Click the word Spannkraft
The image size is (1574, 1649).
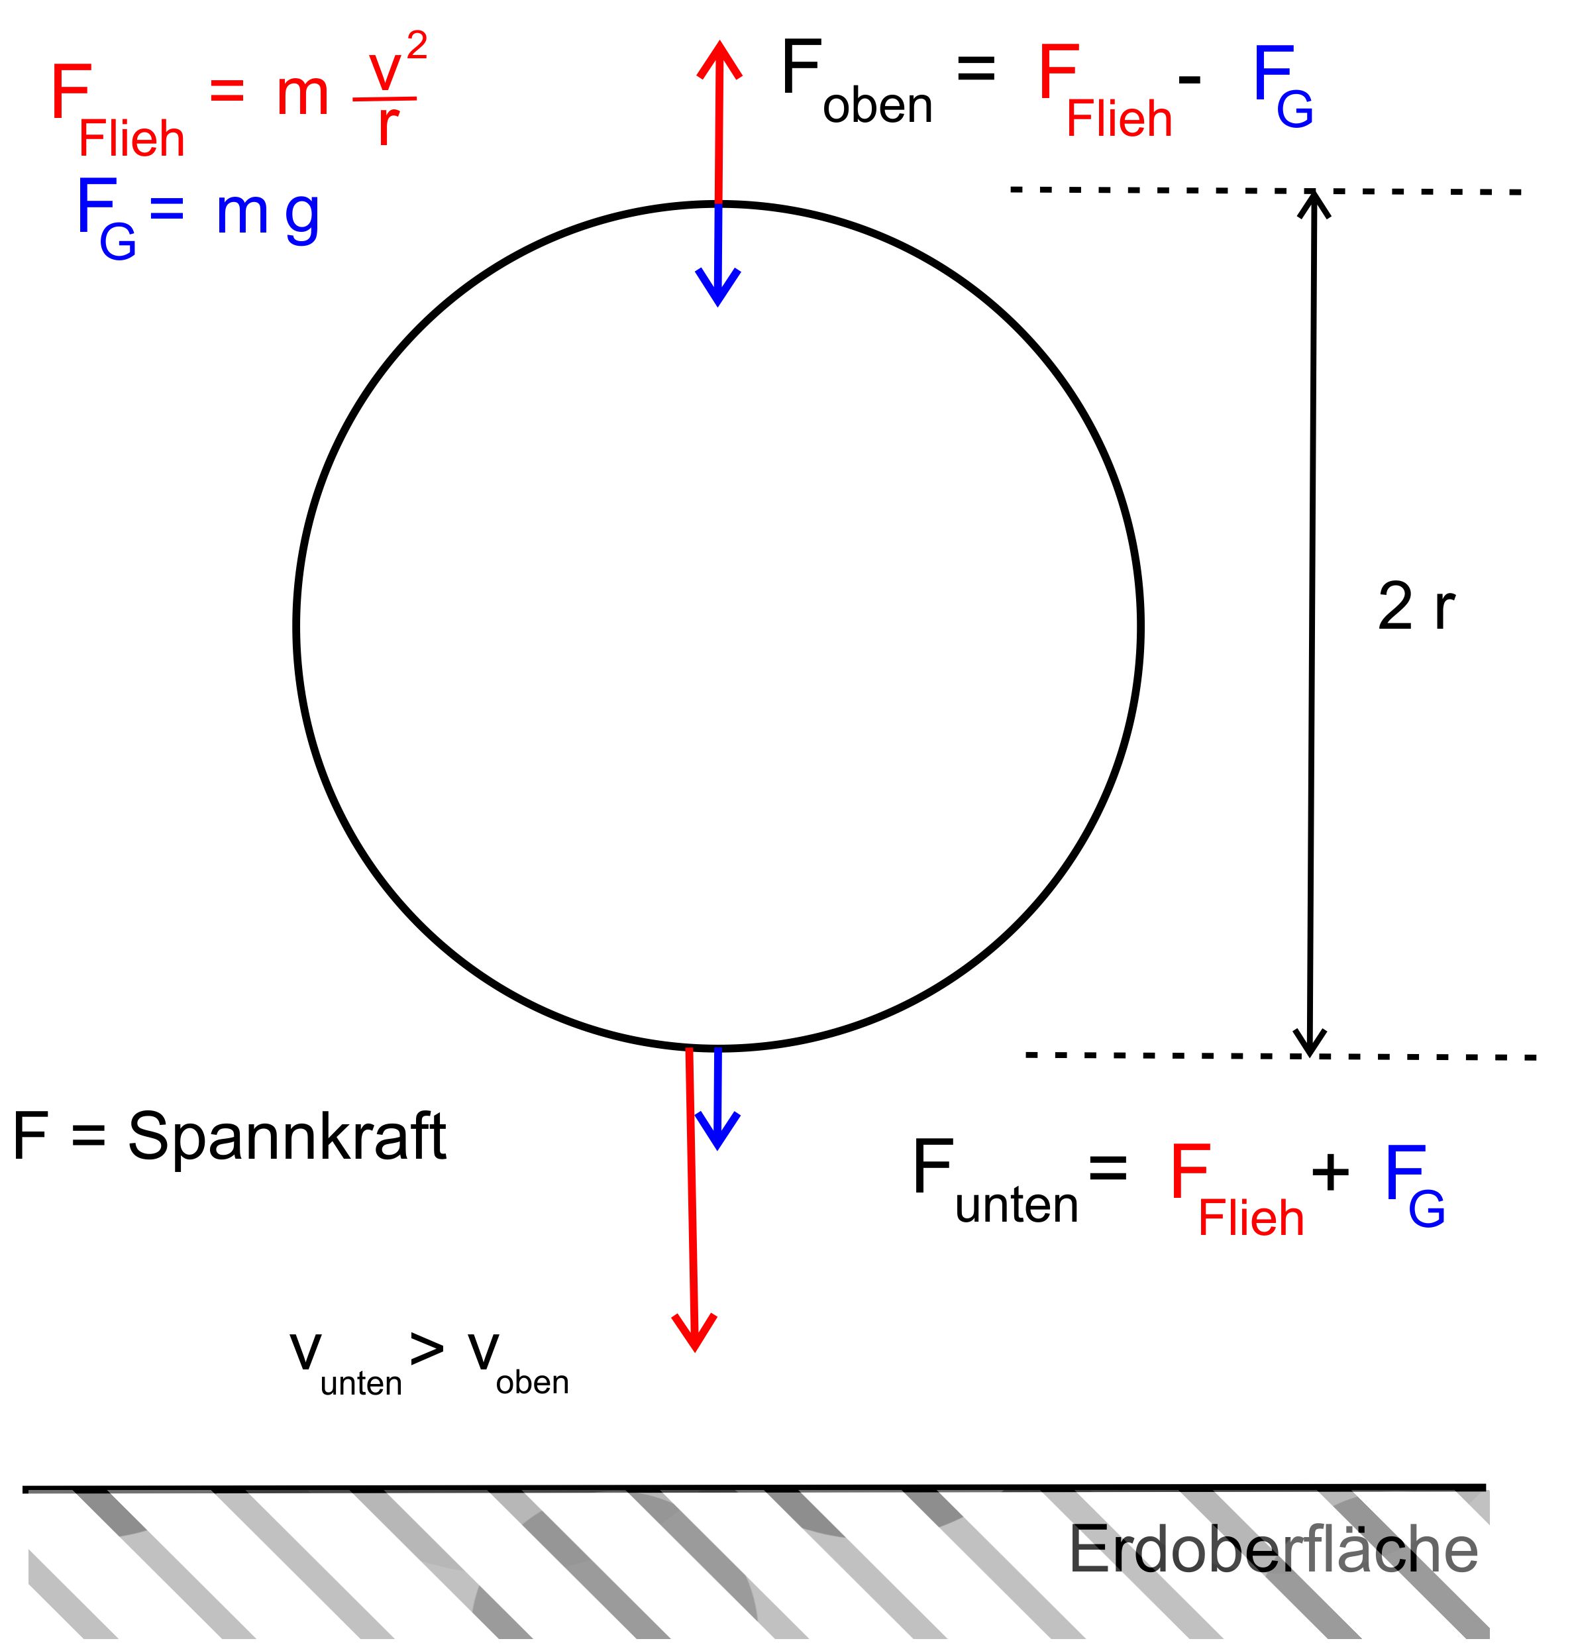click(x=287, y=1137)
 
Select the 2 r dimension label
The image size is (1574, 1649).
click(x=1416, y=608)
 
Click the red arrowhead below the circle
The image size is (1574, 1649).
click(x=695, y=1332)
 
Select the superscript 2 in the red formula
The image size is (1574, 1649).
click(x=417, y=46)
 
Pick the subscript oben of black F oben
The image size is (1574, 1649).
click(x=878, y=107)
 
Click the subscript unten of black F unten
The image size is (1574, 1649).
click(x=1016, y=1205)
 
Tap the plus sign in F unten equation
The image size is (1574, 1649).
click(x=1330, y=1171)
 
